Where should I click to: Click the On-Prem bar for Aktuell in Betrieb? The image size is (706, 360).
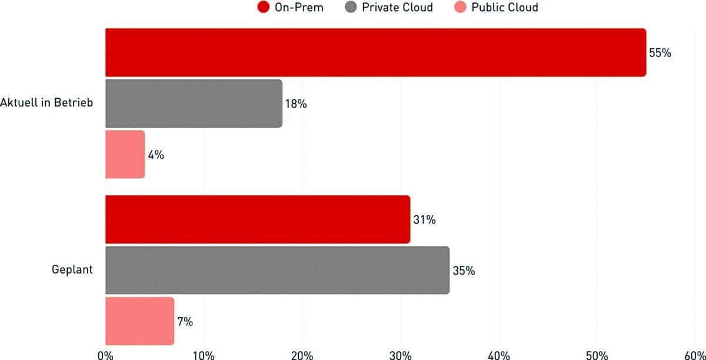375,52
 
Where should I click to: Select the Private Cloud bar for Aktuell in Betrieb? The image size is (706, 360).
194,104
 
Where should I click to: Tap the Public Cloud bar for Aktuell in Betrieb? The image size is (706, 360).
125,154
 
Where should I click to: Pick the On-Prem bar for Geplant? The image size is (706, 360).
258,220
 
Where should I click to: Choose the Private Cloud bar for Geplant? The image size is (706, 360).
277,271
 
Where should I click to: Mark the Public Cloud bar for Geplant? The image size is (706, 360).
139,321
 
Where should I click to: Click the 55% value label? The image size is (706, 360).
660,53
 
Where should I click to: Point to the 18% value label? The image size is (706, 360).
296,104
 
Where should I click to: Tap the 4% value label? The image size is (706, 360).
156,155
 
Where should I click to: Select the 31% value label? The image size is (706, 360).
424,220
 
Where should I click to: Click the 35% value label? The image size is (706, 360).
464,271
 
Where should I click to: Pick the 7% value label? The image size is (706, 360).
185,322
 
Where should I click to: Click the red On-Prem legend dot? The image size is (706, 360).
264,8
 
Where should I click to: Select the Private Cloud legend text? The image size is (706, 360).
397,8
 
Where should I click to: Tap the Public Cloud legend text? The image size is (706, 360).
504,8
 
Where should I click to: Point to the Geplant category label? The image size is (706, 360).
72,271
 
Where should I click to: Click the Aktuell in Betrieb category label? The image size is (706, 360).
47,104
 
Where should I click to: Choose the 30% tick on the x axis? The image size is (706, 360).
401,355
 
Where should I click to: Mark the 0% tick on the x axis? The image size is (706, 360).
105,355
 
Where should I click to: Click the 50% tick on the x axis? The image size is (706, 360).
597,355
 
